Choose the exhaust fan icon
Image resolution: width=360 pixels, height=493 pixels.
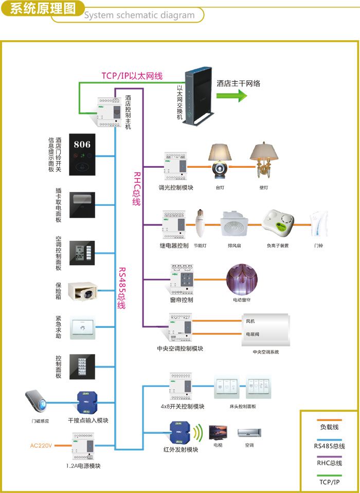coord(235,224)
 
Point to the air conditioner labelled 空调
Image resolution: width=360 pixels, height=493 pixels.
coord(249,433)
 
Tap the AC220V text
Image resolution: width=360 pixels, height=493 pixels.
coord(41,445)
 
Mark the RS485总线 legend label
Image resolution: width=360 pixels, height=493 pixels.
coord(329,446)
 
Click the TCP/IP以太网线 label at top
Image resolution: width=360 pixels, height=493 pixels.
coord(132,76)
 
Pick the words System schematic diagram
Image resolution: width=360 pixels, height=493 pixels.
coord(139,15)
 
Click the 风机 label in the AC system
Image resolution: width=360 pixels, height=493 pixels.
coord(250,321)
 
